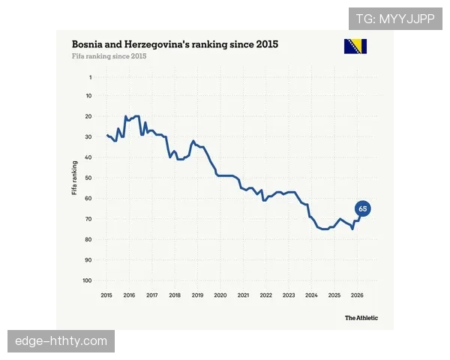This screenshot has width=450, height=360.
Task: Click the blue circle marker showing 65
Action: point(362,208)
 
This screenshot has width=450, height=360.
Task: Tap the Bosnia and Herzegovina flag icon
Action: point(355,46)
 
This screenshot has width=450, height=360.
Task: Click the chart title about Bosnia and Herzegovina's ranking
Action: point(175,44)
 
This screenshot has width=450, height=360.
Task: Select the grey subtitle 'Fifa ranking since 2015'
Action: point(109,56)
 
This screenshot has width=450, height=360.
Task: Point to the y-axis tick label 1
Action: point(91,77)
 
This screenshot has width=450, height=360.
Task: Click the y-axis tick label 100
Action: point(87,280)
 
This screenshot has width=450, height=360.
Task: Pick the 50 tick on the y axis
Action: point(88,178)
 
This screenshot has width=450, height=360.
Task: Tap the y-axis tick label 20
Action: point(88,116)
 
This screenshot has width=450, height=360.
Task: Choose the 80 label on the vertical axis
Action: point(88,239)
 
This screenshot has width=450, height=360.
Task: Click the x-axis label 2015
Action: point(106,295)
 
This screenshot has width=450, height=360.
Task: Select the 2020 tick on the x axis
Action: point(220,295)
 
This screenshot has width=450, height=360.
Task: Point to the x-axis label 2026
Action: point(357,295)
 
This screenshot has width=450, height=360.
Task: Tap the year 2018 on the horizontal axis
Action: point(175,295)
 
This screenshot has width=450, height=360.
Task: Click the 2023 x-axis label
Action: point(289,295)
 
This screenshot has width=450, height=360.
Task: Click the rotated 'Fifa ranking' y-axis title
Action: point(74,178)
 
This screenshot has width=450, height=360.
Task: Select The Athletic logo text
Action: point(361,318)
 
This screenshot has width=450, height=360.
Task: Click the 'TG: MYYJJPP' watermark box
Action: point(395,19)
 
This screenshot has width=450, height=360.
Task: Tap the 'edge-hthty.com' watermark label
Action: point(61,341)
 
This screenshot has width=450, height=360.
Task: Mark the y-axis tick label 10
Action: point(89,95)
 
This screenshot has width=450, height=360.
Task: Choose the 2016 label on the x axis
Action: point(129,295)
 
